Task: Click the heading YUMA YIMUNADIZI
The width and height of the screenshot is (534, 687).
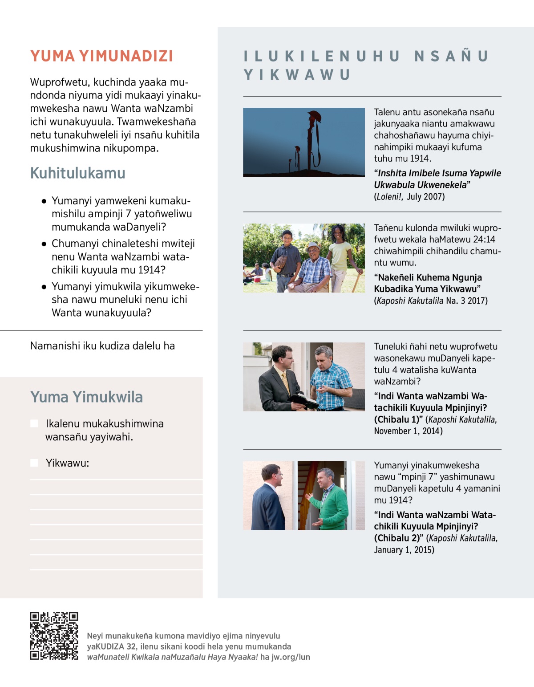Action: click(x=101, y=56)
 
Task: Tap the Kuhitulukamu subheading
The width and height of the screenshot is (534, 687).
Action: click(x=78, y=173)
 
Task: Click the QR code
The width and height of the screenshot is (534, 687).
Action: click(x=54, y=636)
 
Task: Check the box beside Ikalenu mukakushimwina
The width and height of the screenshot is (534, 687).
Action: click(x=34, y=423)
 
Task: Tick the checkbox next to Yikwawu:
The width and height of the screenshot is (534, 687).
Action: click(x=34, y=463)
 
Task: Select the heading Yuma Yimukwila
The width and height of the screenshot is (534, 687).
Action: click(x=86, y=397)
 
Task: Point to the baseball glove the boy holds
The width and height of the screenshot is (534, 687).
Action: click(x=281, y=261)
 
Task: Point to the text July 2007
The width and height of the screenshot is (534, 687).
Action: click(x=425, y=197)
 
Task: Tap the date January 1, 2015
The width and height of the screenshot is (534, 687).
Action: click(x=404, y=550)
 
